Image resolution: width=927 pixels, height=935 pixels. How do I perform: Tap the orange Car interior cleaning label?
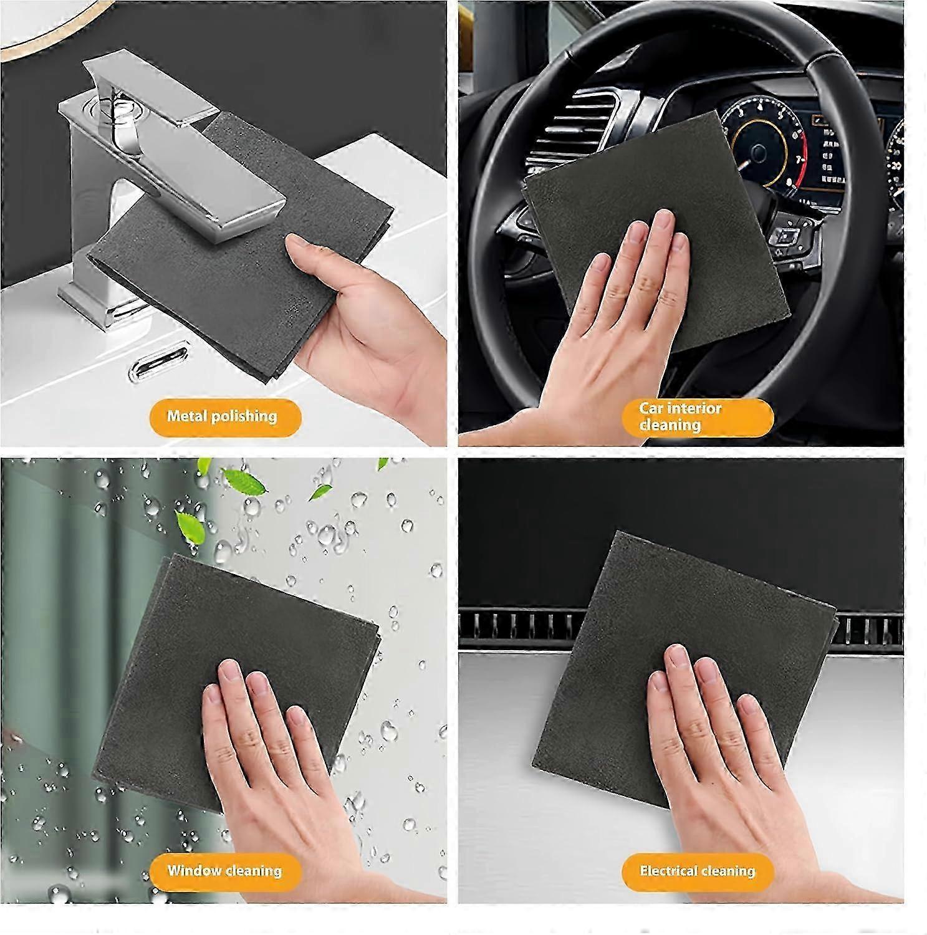[x=698, y=417]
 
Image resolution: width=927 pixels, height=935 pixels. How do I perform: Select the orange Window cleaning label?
[x=225, y=871]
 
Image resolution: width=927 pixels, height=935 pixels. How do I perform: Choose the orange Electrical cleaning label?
[x=698, y=871]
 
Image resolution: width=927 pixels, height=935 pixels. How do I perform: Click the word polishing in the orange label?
[x=244, y=417]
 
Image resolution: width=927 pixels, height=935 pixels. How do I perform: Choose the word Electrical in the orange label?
[x=668, y=871]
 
